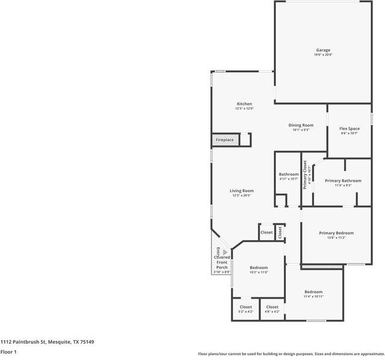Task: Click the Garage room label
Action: [323, 50]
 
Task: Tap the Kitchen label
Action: [244, 104]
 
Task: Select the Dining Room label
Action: [301, 125]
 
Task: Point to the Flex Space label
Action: [349, 128]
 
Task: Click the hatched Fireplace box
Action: [225, 140]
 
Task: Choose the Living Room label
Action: [241, 191]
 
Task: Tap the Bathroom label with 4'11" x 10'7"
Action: [289, 174]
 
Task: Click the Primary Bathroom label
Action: [343, 181]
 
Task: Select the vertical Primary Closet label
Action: [305, 175]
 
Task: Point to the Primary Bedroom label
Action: [336, 233]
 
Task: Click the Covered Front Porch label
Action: [222, 262]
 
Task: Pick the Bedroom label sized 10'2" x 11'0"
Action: [258, 267]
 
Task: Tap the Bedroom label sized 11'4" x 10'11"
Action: [313, 291]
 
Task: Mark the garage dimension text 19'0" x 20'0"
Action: [323, 55]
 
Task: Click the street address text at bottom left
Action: [47, 341]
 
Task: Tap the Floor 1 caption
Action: [8, 352]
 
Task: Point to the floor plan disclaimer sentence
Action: [291, 354]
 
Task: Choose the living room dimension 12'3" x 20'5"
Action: [241, 196]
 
